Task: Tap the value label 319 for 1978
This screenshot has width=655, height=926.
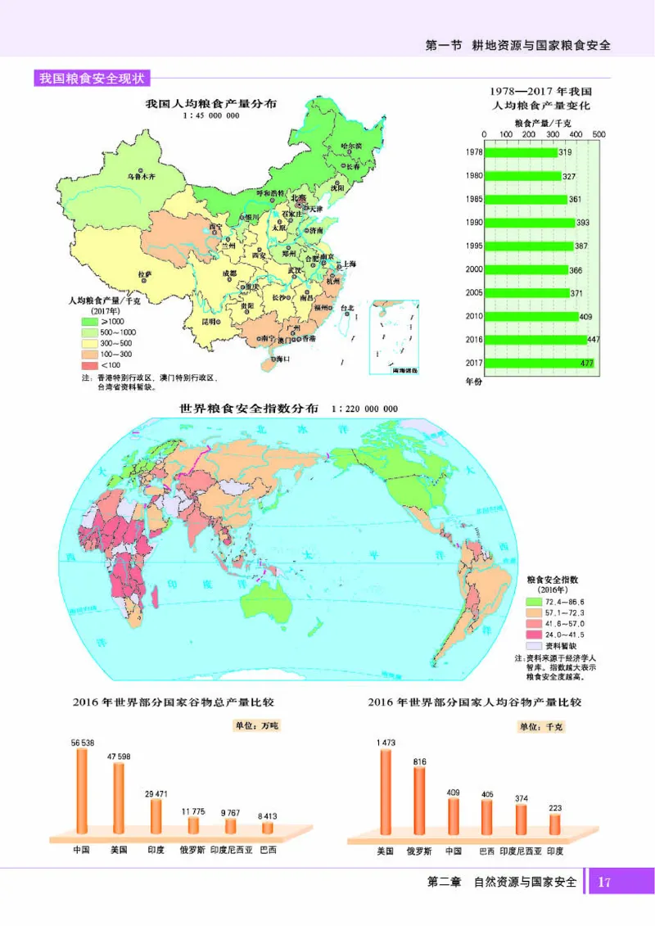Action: (565, 152)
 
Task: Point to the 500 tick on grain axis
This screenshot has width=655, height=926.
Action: (599, 134)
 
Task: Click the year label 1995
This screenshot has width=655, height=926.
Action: (473, 246)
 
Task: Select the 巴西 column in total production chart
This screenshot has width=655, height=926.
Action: (268, 827)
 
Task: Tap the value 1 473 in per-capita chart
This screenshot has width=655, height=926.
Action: (386, 742)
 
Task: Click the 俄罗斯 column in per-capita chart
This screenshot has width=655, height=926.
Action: (419, 802)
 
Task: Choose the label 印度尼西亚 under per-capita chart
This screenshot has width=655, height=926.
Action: (520, 851)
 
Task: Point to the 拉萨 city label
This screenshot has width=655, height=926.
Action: (144, 273)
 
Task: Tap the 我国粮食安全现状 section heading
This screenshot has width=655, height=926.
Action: (92, 79)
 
